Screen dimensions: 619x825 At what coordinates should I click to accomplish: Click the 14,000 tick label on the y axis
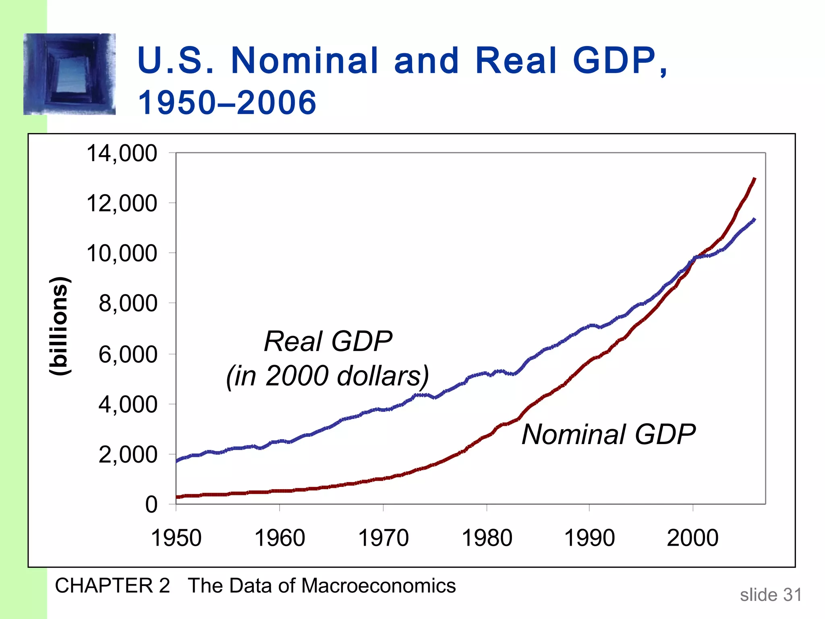coord(122,154)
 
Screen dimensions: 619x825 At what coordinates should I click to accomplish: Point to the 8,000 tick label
coord(128,303)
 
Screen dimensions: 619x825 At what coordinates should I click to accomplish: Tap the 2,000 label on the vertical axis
coord(128,455)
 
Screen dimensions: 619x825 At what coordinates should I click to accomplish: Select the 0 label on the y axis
coord(151,505)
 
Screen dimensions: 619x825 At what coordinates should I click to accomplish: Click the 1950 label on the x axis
coord(176,538)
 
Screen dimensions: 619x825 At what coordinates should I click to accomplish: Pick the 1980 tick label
coord(487,538)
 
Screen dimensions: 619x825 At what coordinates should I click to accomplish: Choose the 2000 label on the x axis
coord(692,538)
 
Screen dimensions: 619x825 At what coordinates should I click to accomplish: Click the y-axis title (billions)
coord(60,326)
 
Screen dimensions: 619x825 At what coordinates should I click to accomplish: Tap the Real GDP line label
coord(328,341)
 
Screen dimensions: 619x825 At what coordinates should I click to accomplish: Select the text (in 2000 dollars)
coord(328,376)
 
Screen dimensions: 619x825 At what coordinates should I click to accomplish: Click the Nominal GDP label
coord(608,434)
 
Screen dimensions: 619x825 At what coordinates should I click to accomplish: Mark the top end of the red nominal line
coord(754,179)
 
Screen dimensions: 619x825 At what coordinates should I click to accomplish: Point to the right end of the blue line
coord(754,220)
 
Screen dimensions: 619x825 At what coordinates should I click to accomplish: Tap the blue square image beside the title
coord(69,74)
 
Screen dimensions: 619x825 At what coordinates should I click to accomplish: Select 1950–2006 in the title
coord(227,102)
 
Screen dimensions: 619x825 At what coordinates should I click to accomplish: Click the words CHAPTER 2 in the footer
coord(112,586)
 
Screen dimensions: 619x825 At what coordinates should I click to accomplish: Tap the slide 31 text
coord(771,595)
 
